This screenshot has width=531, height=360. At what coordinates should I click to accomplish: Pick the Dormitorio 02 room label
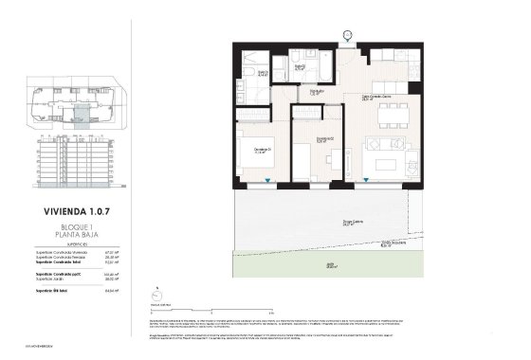coord(323,139)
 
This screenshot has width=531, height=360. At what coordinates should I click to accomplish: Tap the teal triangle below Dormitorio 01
coord(271,182)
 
